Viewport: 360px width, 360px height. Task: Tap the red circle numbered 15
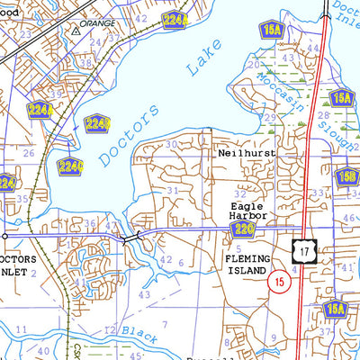point(280,282)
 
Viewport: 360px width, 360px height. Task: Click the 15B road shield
point(347,176)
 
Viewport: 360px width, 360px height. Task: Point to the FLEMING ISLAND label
point(245,264)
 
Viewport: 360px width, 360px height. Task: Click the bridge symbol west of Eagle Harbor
point(131,237)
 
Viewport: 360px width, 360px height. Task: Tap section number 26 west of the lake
point(28,154)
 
